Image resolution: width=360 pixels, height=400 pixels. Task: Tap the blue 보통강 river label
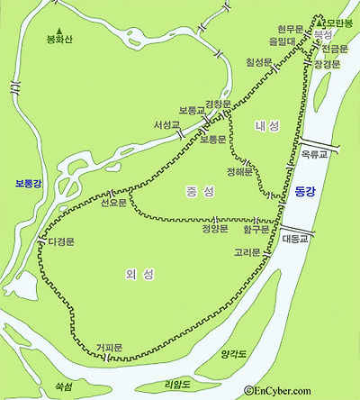click(27, 185)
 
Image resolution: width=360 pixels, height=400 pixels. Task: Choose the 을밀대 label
click(283, 41)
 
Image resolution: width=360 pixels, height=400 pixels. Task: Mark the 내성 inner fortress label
click(267, 125)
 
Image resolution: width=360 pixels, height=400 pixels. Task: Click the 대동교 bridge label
click(294, 239)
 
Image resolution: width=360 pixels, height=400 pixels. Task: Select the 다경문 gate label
click(61, 242)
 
